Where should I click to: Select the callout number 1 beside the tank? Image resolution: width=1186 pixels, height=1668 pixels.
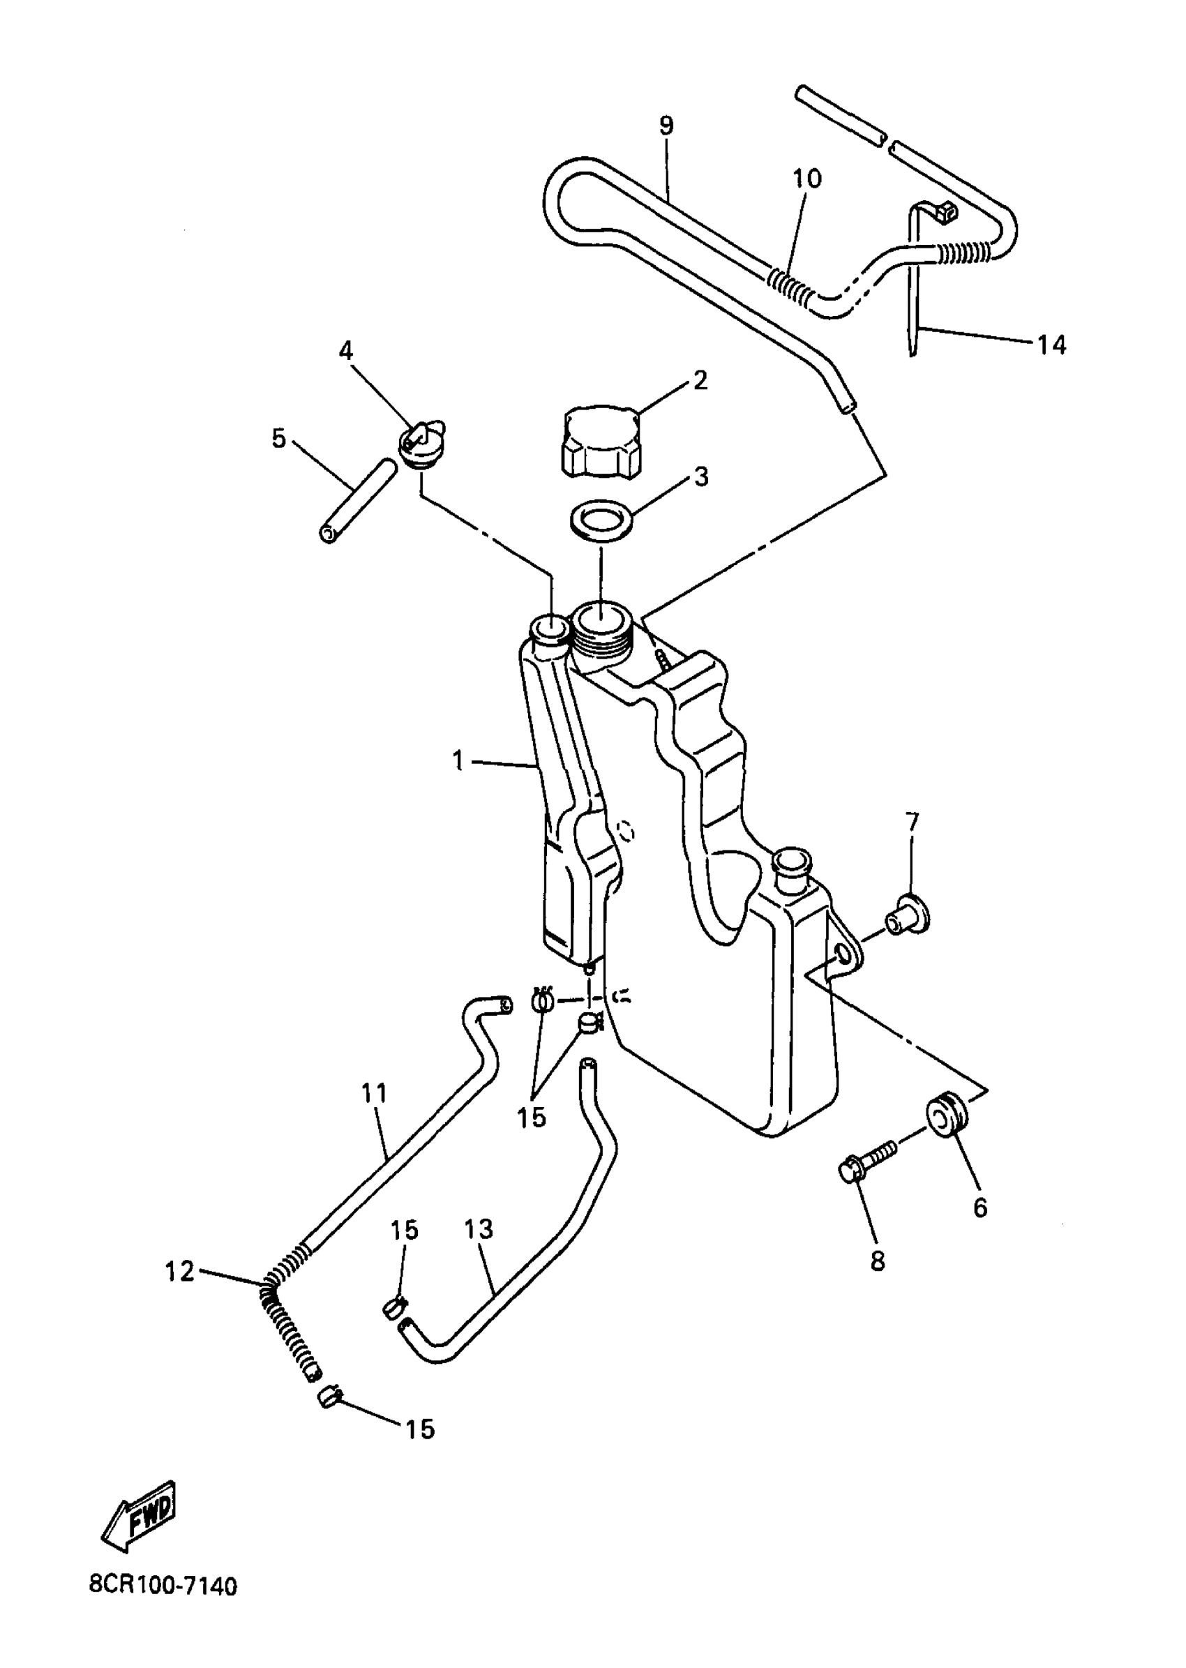tap(458, 762)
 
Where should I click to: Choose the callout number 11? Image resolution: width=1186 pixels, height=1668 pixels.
tap(374, 1114)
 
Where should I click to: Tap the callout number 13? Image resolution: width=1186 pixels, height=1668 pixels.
tap(479, 1229)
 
